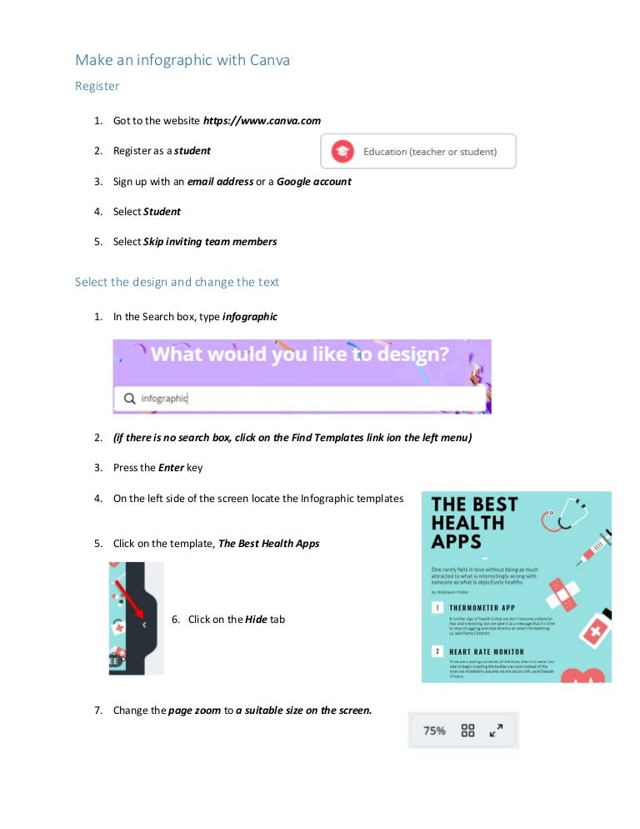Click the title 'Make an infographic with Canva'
point(182,60)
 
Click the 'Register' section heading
point(97,86)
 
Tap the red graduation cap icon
point(342,151)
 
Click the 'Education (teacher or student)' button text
point(429,152)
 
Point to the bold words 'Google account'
point(313,181)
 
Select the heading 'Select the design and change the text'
point(177,282)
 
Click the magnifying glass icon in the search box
point(129,399)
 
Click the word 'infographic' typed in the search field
point(164,399)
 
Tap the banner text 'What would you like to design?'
point(300,354)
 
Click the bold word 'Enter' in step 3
point(171,468)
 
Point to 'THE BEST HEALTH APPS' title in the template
point(474,523)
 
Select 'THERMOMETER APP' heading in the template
point(486,608)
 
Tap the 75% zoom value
point(434,731)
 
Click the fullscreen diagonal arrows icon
point(497,731)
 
